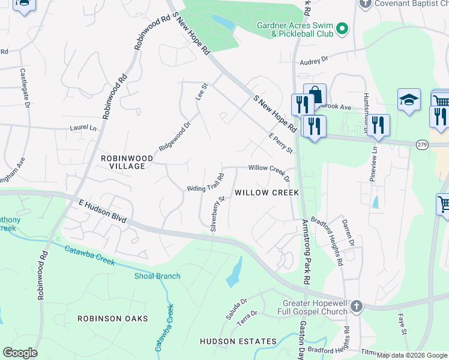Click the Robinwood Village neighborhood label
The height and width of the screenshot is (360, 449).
click(122, 161)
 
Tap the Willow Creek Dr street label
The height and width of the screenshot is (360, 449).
click(269, 172)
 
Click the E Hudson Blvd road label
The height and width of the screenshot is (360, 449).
click(103, 212)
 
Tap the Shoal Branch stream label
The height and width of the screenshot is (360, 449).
click(157, 276)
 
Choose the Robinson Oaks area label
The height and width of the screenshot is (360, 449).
click(113, 318)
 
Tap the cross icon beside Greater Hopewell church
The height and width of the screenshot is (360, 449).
click(357, 307)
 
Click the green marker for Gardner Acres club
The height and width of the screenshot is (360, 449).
click(342, 29)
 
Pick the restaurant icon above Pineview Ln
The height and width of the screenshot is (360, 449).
click(378, 124)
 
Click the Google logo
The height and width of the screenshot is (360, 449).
click(20, 353)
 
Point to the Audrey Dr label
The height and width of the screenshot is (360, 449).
click(314, 60)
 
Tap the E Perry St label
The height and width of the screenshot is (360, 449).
click(280, 142)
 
